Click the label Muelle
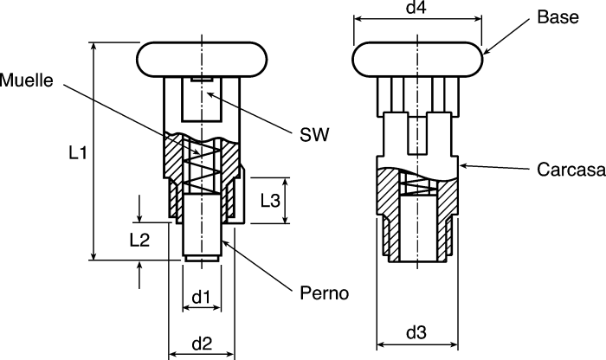click(x=26, y=80)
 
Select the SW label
click(x=314, y=135)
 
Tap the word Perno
click(x=325, y=293)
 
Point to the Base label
click(x=558, y=17)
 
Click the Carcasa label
click(x=571, y=170)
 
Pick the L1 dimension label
click(x=78, y=153)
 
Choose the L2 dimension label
click(x=139, y=241)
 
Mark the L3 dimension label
click(x=270, y=201)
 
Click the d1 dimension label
click(x=202, y=297)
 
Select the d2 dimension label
click(x=202, y=344)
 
